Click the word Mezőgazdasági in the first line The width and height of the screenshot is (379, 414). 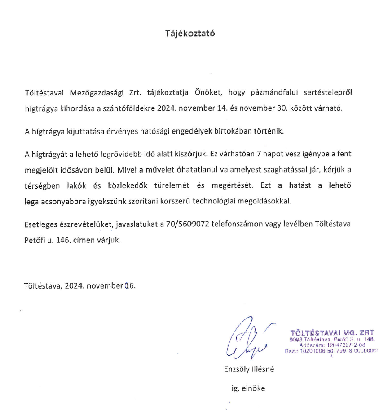94,93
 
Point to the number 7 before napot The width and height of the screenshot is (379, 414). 258,155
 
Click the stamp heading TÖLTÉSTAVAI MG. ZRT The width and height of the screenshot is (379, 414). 331,333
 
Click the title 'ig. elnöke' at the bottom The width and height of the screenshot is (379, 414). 245,388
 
